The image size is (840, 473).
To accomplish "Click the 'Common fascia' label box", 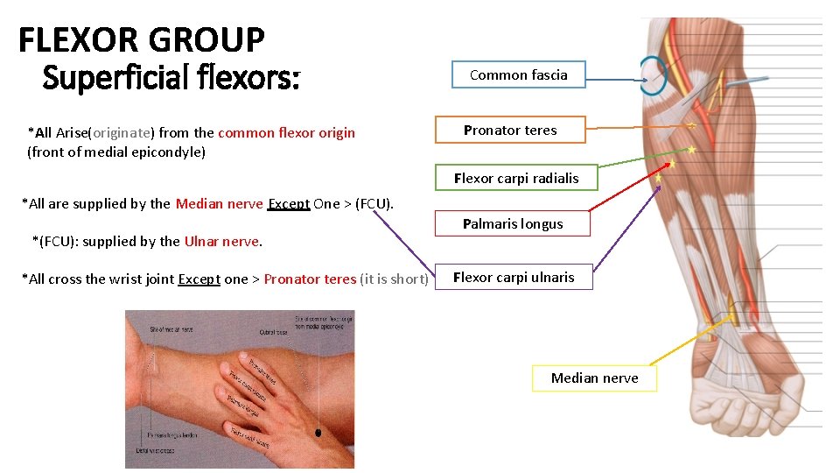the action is coord(518,74).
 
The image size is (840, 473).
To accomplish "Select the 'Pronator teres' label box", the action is coord(510,130).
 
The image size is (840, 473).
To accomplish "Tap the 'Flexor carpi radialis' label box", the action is coord(516,178).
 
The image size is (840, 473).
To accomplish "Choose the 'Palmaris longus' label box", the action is coord(513,223).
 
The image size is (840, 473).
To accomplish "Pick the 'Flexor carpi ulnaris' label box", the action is coord(514,277).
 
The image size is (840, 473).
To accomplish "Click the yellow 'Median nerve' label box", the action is coord(594,378).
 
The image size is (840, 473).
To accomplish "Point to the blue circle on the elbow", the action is coord(652,76).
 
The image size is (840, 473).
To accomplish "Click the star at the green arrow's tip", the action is coord(692,150).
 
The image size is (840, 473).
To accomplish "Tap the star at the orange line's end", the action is coord(691,126).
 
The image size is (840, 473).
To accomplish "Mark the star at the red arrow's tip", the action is coord(671,164).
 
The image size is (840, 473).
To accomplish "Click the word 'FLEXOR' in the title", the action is coord(80,39).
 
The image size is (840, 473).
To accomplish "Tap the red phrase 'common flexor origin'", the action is coord(286,133).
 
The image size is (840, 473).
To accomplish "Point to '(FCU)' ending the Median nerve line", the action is coord(373,204).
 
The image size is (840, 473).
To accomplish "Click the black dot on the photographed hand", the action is coord(318,432).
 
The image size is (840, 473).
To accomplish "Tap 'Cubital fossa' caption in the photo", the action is coord(275,332).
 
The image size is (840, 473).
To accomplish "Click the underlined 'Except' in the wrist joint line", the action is coord(199,279).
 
